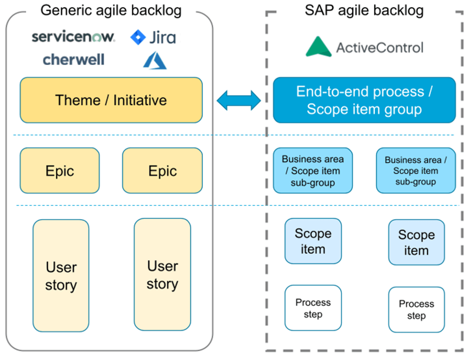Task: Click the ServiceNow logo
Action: point(73,37)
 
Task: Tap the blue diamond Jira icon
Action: point(138,37)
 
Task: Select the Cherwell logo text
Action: point(73,59)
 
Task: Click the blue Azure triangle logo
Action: point(154,60)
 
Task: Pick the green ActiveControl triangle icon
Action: point(319,47)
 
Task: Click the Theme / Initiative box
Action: point(111,100)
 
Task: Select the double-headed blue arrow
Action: point(239,100)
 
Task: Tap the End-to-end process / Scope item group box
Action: point(364,100)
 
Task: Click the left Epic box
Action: point(60,170)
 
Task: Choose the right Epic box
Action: point(162,170)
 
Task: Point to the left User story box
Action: point(61,276)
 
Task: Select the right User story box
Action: point(162,275)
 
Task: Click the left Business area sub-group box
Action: point(312,170)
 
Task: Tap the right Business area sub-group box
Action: point(416,170)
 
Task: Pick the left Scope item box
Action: point(313,241)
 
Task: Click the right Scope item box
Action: point(416,242)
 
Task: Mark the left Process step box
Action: point(313,308)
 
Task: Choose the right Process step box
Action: point(416,310)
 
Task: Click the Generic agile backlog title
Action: point(111,10)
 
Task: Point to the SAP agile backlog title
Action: point(364,10)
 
